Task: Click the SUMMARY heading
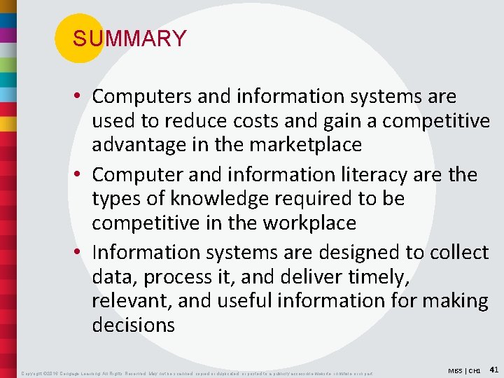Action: [x=129, y=38]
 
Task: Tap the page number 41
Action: [x=493, y=368]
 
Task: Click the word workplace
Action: [x=309, y=223]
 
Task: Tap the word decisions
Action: [x=134, y=325]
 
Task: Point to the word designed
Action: [x=356, y=251]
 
